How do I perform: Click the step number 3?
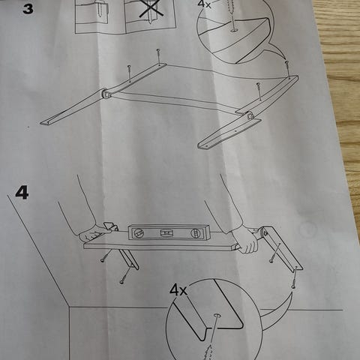coord(28,9)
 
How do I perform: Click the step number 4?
coord(22,193)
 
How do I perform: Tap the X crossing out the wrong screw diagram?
coord(150,8)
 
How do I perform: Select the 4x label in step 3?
coord(204,4)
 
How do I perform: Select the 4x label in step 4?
coord(178,290)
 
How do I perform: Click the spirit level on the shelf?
coord(165,232)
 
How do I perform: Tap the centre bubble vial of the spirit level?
coord(166,232)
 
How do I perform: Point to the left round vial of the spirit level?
coord(138,233)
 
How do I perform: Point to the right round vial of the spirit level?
coord(195,233)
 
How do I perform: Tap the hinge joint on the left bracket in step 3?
coord(106,94)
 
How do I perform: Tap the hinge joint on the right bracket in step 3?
coord(249,115)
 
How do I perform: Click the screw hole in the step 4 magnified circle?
coord(217,316)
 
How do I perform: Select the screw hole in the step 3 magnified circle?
coord(235,30)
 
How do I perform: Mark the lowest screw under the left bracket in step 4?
coord(125,274)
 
